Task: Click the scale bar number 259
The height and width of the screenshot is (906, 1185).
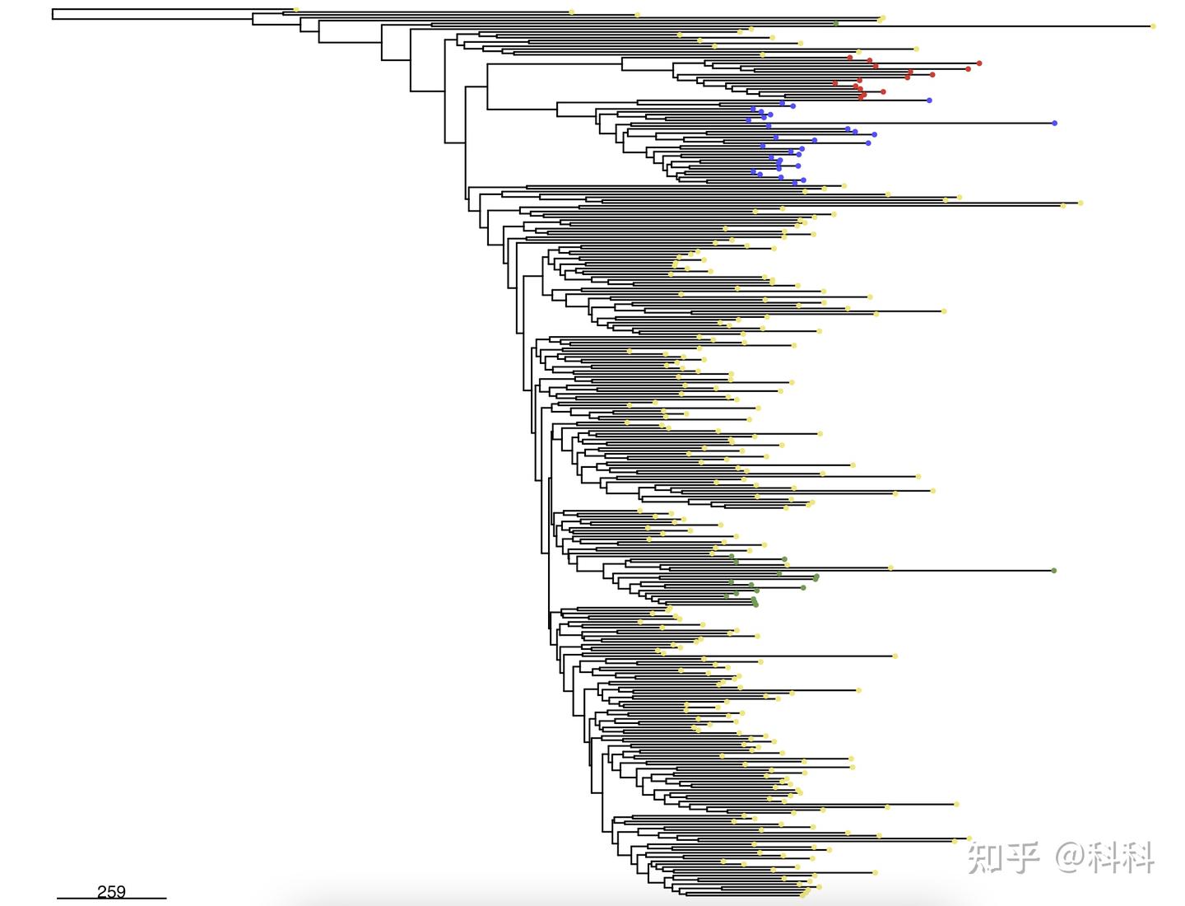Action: (x=111, y=891)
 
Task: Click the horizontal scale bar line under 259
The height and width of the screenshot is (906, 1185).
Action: (x=111, y=899)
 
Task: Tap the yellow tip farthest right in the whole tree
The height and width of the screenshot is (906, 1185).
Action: (x=1153, y=26)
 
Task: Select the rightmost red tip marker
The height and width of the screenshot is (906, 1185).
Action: (x=978, y=63)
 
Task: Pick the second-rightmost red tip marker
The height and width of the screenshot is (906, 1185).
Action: (x=968, y=69)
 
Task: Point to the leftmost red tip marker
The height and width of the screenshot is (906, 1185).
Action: (x=835, y=83)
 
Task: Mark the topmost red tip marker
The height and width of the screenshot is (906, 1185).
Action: (x=850, y=58)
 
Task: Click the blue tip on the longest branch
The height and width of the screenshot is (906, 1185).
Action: (x=1054, y=124)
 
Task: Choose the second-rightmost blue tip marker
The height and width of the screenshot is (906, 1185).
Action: (x=929, y=100)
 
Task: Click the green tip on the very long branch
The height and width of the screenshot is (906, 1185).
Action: (x=1054, y=571)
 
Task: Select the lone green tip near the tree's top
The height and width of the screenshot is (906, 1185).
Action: (x=836, y=23)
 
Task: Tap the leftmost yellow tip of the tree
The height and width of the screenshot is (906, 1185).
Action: (x=296, y=9)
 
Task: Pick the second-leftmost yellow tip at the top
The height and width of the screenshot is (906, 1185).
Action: (x=572, y=12)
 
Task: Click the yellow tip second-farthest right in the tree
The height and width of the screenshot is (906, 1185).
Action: (x=1080, y=203)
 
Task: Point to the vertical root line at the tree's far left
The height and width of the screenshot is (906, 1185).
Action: (x=53, y=14)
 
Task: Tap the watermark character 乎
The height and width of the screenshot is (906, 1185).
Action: (x=1021, y=857)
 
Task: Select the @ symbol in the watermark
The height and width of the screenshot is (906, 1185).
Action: (x=1071, y=857)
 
